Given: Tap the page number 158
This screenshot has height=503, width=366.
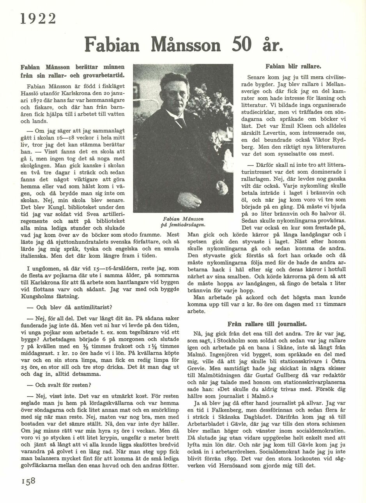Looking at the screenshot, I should (x=26, y=480).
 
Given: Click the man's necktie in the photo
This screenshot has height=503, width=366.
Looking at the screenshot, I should (x=180, y=122).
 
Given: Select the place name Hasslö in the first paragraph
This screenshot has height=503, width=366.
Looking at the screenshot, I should (x=33, y=93).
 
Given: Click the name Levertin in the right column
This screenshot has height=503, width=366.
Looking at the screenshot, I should (x=276, y=133).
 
